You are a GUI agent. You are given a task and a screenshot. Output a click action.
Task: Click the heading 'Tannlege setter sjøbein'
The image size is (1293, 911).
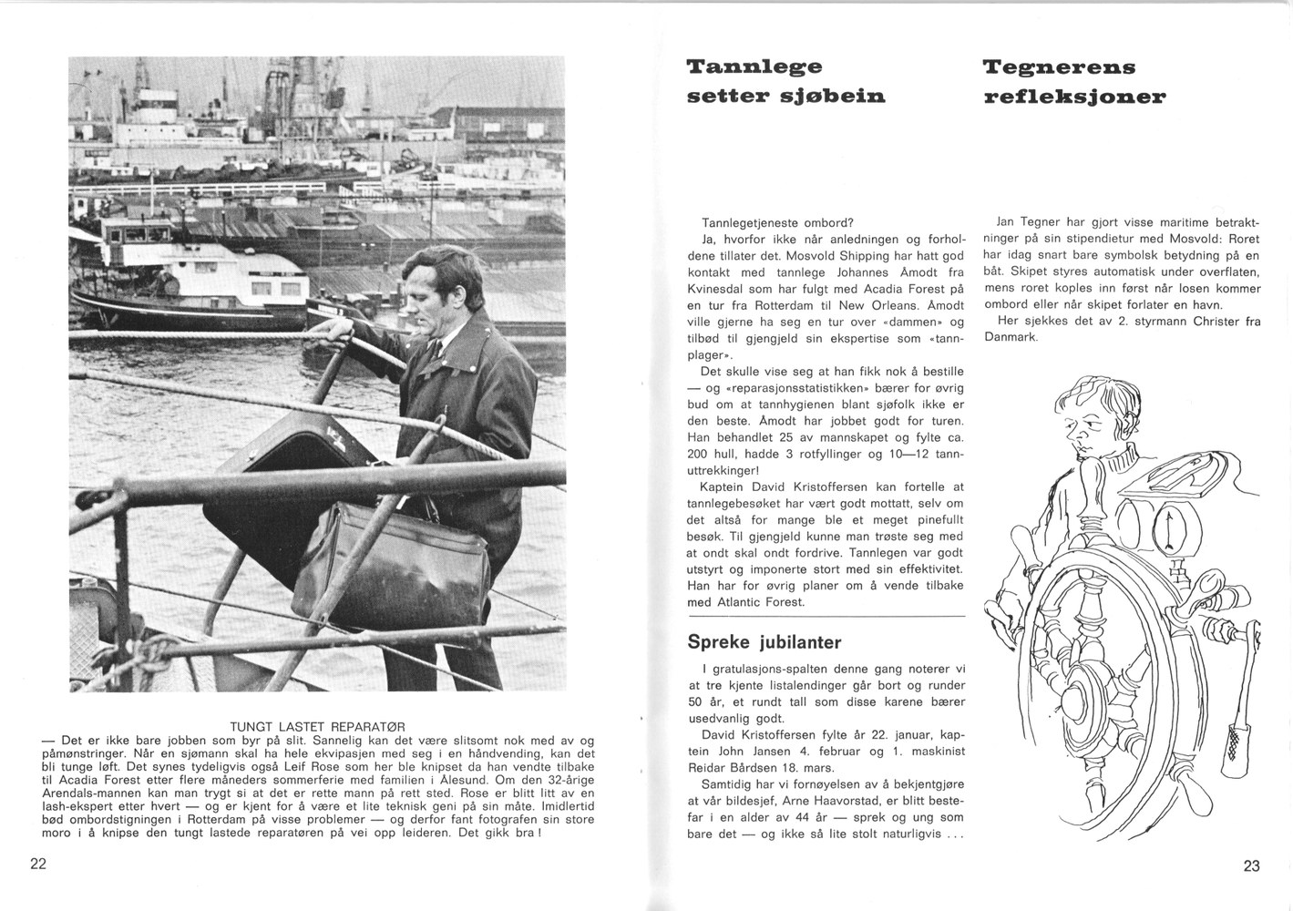785,81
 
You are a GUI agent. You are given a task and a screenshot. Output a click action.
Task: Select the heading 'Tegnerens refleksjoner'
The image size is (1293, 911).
1074,81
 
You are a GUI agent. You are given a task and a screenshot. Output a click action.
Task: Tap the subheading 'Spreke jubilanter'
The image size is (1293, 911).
764,642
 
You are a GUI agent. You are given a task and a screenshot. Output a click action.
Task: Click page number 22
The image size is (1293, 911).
37,864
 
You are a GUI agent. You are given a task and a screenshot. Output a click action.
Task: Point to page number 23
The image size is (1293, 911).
1251,865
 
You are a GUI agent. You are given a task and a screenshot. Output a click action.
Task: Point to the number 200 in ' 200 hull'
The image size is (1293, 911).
698,455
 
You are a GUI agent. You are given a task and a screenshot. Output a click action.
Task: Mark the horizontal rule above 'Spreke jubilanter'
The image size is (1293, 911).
825,617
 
